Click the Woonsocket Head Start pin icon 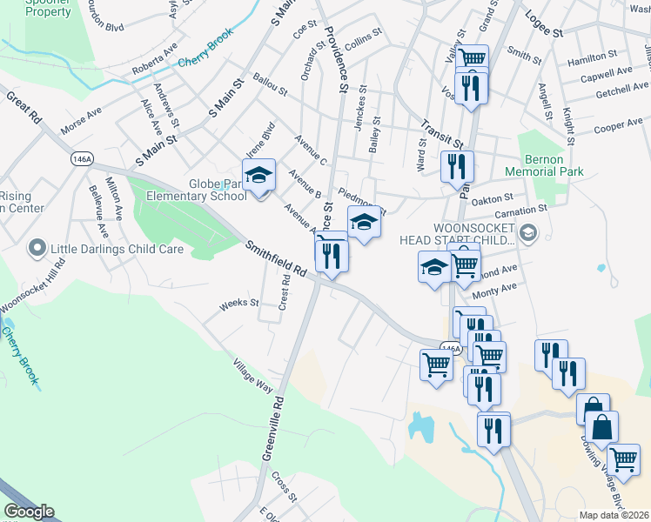(528, 232)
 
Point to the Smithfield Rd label (276, 258)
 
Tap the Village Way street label (253, 377)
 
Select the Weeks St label (239, 304)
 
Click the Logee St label (544, 24)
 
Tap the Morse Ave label (81, 122)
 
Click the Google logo (30, 512)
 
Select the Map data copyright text (614, 515)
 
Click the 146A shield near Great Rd (82, 159)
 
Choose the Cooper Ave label (617, 127)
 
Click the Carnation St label (520, 210)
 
